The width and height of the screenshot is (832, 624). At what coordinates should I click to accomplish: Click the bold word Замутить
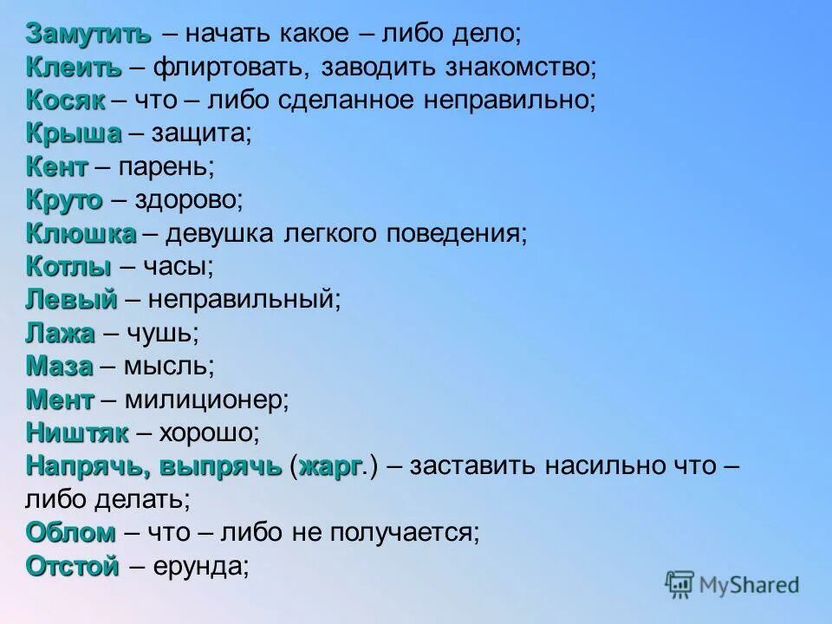pyautogui.click(x=88, y=34)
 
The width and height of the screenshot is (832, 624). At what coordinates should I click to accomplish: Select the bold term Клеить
pyautogui.click(x=74, y=67)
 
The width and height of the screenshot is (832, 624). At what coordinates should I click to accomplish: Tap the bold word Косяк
pyautogui.click(x=66, y=100)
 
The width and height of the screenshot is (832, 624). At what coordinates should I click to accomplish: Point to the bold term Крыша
pyautogui.click(x=74, y=133)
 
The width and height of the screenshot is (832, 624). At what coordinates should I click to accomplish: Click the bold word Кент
pyautogui.click(x=57, y=166)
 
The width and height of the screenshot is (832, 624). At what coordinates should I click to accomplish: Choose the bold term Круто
pyautogui.click(x=64, y=200)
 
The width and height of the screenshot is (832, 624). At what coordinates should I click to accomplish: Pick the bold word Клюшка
pyautogui.click(x=81, y=233)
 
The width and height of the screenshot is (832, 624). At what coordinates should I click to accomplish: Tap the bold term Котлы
pyautogui.click(x=69, y=266)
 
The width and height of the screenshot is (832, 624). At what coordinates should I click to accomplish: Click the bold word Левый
pyautogui.click(x=71, y=300)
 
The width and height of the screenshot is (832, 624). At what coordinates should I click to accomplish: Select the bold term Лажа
pyautogui.click(x=60, y=333)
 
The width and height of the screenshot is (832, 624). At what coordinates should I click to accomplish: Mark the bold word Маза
pyautogui.click(x=59, y=366)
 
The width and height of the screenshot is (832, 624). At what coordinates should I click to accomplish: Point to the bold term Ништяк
pyautogui.click(x=77, y=432)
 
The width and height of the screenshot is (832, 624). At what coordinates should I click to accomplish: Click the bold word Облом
pyautogui.click(x=70, y=532)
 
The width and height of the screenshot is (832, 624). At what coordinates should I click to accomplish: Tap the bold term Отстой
pyautogui.click(x=73, y=566)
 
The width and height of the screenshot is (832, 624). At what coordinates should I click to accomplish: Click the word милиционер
pyautogui.click(x=205, y=400)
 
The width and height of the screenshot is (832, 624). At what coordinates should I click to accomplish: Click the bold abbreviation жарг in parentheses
pyautogui.click(x=329, y=466)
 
